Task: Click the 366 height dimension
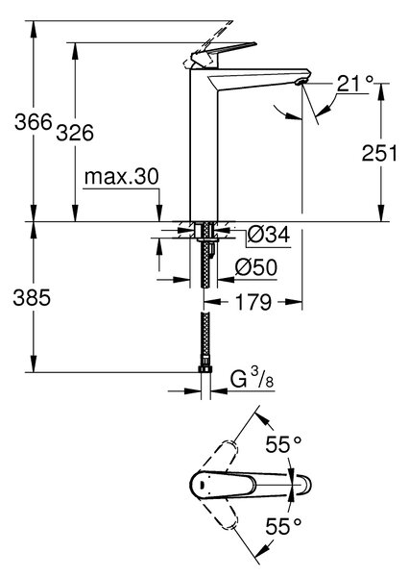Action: pos(34,122)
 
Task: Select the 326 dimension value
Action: pos(75,133)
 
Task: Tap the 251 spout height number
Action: pos(379,153)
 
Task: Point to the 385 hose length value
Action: pos(32,297)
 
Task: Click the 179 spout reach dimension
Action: pos(253,302)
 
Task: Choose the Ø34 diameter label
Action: pos(269,235)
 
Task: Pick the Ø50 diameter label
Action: pos(256,267)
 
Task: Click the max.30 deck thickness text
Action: pos(122,177)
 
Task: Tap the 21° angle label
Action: pos(355,84)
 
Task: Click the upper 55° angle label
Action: pos(283,444)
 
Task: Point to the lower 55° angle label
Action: pos(283,526)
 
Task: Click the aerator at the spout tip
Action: pos(301,82)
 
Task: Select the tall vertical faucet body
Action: pos(204,145)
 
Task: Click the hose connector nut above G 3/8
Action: pos(205,369)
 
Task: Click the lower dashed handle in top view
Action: pos(216,513)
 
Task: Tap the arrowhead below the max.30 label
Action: pos(159,213)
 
